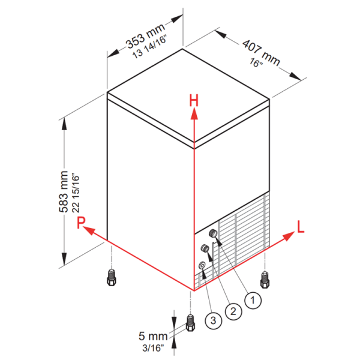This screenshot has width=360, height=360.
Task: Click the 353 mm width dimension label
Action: (x=145, y=35)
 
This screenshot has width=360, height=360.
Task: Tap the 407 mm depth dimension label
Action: (x=261, y=53)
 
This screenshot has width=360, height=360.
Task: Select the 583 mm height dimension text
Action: (x=64, y=192)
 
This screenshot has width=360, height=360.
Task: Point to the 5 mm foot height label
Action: (x=153, y=336)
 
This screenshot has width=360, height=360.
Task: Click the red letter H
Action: (x=194, y=101)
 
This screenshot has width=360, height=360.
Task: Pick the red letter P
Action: (x=81, y=222)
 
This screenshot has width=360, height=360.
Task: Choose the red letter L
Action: (x=301, y=227)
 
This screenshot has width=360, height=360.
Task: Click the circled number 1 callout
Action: (x=253, y=300)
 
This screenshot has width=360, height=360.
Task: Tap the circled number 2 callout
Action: (x=233, y=311)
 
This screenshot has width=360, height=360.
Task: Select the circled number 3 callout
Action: (x=213, y=320)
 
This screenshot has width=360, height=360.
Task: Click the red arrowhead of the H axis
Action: (x=194, y=113)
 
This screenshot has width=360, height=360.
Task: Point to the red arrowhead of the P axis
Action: (x=89, y=230)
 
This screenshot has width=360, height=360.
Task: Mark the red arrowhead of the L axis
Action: (x=289, y=236)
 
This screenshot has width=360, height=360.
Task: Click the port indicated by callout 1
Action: (x=213, y=233)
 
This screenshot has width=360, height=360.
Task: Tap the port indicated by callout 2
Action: (x=205, y=248)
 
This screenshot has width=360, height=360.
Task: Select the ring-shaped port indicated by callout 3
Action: (x=202, y=265)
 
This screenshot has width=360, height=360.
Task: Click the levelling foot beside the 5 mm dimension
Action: (x=190, y=323)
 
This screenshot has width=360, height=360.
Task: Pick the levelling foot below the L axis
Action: (x=265, y=279)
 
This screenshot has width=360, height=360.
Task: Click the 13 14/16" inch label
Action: (x=149, y=47)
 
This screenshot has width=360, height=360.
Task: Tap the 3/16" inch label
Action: (x=153, y=348)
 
